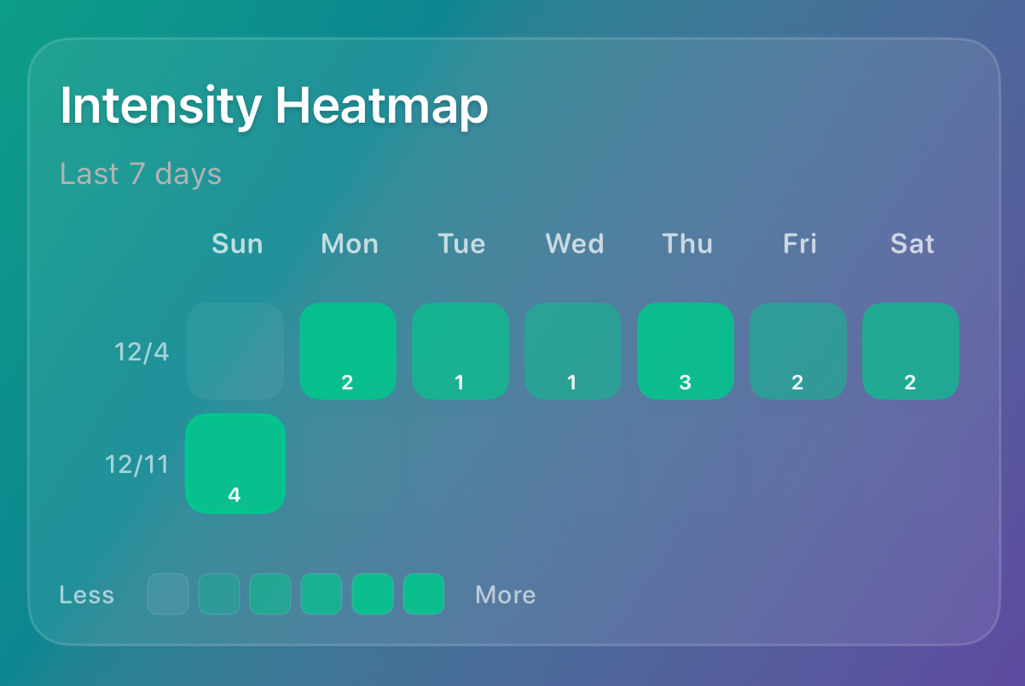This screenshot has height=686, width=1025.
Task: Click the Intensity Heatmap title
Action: pos(274,107)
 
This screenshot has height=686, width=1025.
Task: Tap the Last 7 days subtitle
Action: pos(141,174)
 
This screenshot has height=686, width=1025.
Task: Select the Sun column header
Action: pos(237,244)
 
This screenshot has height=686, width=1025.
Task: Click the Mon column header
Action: pos(349,244)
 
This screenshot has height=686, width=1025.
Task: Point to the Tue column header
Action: pos(461,244)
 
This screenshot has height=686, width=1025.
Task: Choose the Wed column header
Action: pos(574,244)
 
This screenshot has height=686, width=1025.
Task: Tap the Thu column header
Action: pos(686,244)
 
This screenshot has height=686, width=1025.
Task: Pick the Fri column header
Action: pos(799,244)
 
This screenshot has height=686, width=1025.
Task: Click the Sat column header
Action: pos(912,244)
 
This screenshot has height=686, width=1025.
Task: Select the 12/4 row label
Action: pos(142,351)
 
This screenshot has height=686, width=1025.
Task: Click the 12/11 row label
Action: pos(136,464)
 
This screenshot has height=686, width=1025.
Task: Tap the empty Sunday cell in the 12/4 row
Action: pos(235,350)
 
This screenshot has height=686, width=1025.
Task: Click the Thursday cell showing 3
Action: pos(686,350)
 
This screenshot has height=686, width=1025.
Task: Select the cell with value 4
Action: pos(235,463)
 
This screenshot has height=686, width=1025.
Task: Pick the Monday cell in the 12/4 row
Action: pos(348,350)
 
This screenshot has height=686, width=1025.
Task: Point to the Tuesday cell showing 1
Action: pos(460,350)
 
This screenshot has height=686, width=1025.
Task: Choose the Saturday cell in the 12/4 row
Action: pos(911,350)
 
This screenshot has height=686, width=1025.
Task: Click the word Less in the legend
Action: pos(86,594)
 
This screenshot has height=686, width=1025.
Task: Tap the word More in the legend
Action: pos(505,594)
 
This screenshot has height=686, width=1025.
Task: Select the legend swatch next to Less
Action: pos(168,594)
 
